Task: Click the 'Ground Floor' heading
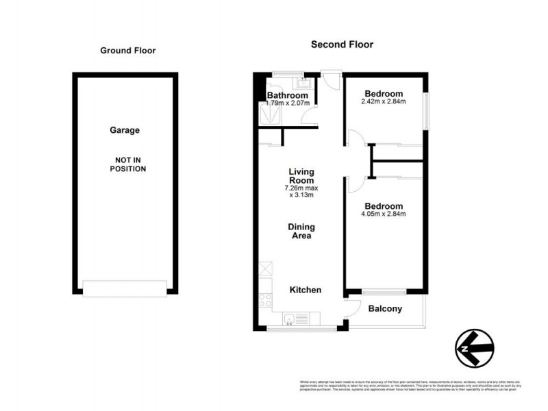click(x=128, y=50)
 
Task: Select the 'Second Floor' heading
click(x=342, y=45)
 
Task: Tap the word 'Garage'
click(x=125, y=130)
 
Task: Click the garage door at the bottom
click(x=125, y=288)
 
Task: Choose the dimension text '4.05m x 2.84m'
click(x=384, y=214)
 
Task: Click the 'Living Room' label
click(x=301, y=176)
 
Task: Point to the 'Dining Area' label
click(x=301, y=231)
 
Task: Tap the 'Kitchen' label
click(x=305, y=290)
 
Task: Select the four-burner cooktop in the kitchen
click(x=265, y=300)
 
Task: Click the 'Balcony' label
click(x=385, y=309)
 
